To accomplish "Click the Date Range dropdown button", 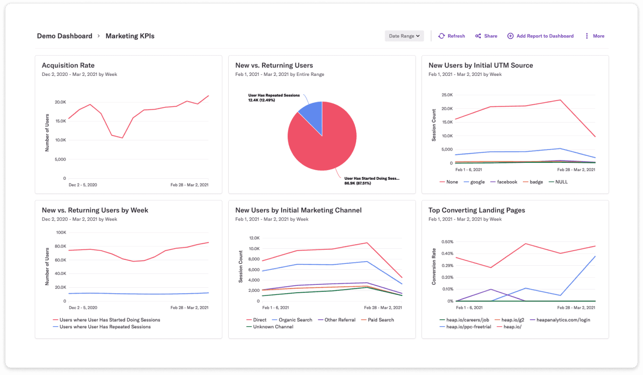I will (x=404, y=36).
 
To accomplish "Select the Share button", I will (x=486, y=36).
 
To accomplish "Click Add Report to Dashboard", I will (x=541, y=36).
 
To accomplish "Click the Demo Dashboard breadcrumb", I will (x=64, y=36).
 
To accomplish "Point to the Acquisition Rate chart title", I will (x=68, y=65).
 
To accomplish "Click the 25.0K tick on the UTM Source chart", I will (x=446, y=95).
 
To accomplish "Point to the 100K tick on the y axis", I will (x=61, y=233).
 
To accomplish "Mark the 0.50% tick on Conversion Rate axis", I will (x=447, y=242).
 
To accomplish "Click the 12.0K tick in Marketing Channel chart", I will (x=253, y=238).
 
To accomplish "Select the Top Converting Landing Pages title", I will (x=476, y=210).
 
